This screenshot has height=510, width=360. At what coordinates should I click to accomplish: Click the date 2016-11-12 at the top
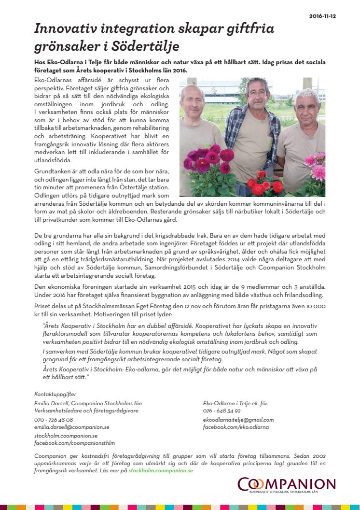tap(323, 16)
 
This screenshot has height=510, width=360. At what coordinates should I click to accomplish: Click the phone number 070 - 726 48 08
tap(54, 420)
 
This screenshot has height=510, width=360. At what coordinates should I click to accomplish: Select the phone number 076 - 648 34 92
tap(222, 411)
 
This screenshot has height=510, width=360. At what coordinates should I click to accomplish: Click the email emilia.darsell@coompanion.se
tap(71, 427)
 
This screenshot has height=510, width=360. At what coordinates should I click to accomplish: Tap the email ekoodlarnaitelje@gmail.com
tap(238, 420)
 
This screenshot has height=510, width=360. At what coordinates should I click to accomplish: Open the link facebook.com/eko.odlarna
tap(235, 427)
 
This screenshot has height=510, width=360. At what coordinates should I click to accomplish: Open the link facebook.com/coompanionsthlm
tap(74, 443)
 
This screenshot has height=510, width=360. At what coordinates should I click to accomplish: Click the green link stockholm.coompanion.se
tap(161, 470)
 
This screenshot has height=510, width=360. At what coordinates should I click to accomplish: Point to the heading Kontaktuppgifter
tap(55, 394)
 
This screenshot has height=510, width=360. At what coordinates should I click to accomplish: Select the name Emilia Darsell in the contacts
tap(52, 403)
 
